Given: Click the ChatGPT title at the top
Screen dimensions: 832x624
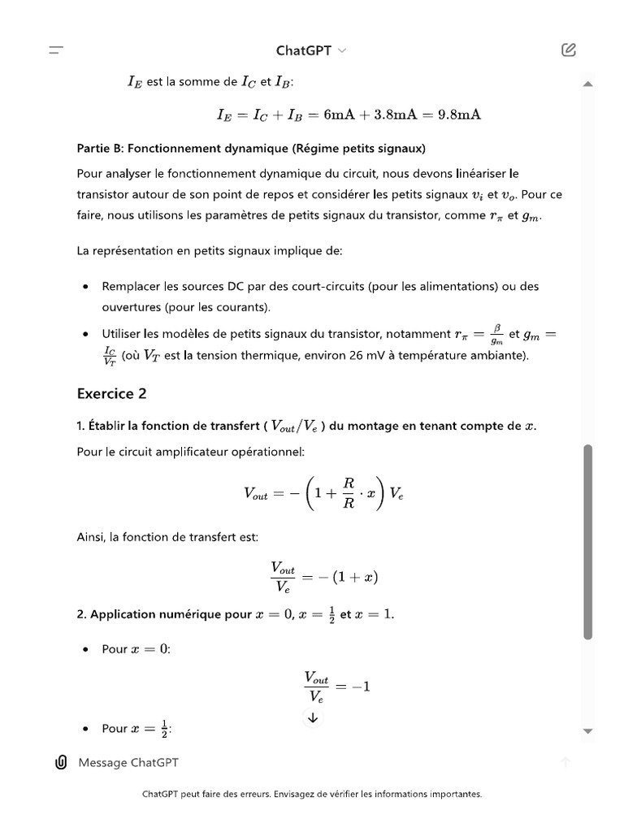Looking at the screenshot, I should coord(303,50).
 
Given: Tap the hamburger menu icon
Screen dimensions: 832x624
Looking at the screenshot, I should coord(56,50).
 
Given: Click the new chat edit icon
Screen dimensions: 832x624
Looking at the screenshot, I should coord(569,50).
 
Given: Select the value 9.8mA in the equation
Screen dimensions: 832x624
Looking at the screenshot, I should coord(459,115).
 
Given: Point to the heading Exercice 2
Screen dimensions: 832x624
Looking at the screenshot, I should coord(112,393).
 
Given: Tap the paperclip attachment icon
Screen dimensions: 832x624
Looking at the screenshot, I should coord(60,762).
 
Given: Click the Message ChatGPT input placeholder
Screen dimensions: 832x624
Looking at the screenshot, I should coord(128,762).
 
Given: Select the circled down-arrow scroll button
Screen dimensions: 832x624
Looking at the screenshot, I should coord(313,717).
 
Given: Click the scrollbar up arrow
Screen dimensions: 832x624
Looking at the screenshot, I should coord(587,84).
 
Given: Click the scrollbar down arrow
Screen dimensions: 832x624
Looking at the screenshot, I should coord(587,731).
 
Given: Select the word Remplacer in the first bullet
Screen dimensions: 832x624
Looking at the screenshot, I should coord(129,286).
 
